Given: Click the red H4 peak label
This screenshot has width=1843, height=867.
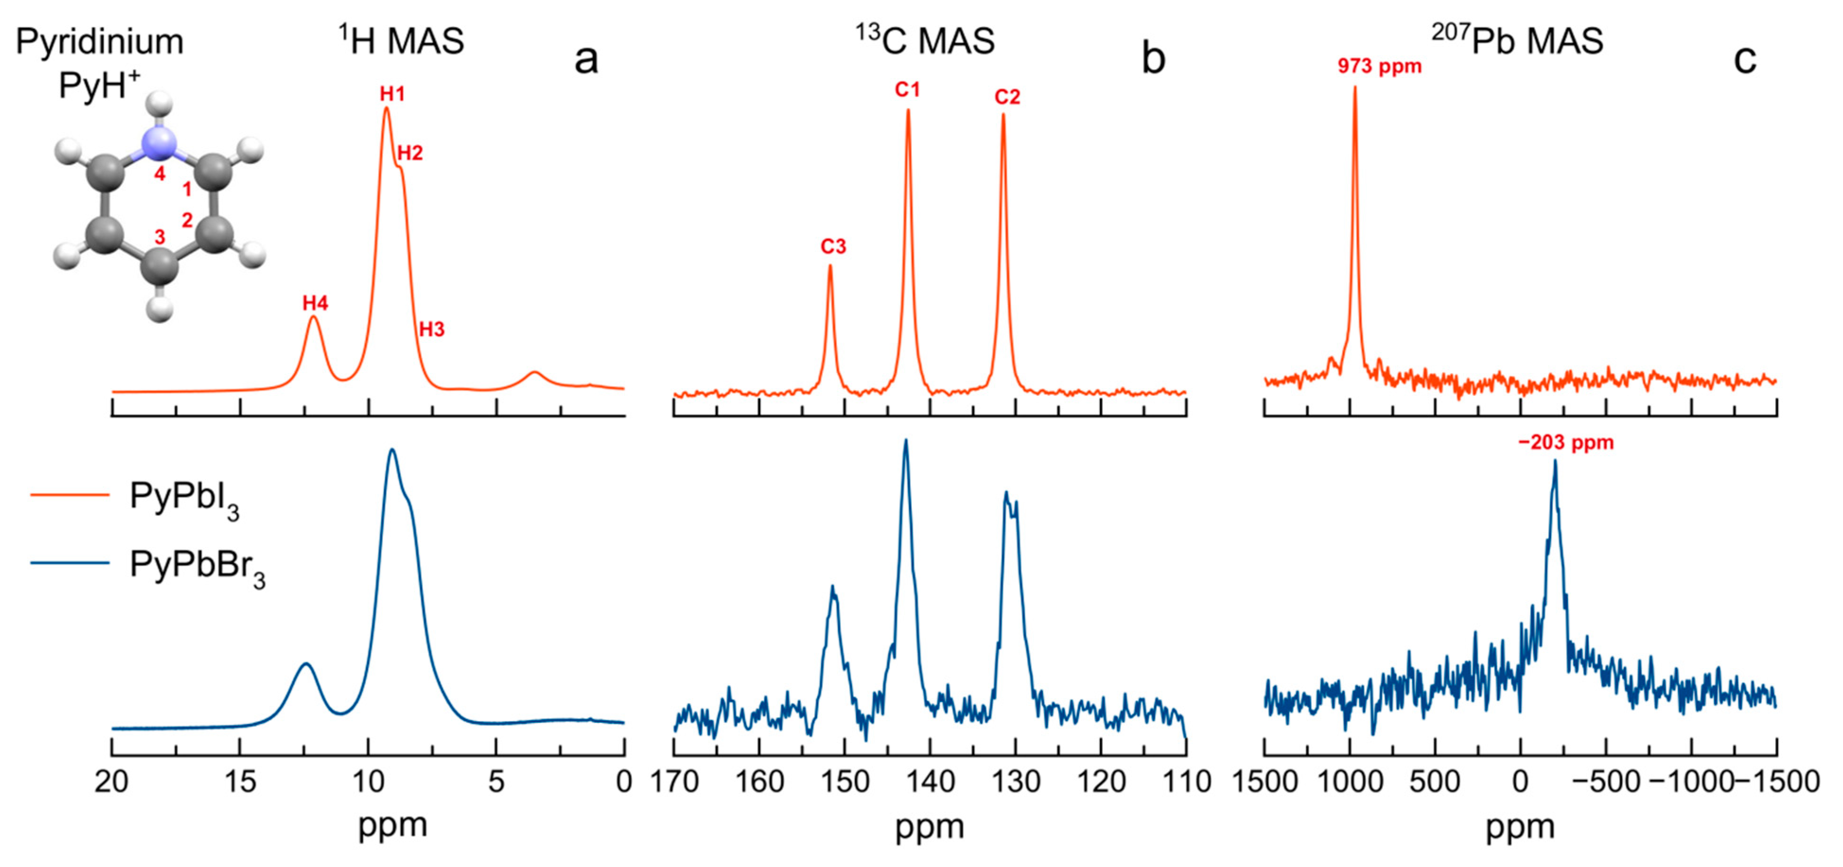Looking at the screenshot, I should point(315,303).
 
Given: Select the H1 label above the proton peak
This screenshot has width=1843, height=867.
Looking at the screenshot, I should point(392,94).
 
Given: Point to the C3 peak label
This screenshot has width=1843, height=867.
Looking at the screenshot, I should point(833,247).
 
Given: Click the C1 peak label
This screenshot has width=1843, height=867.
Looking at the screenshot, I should point(907,90).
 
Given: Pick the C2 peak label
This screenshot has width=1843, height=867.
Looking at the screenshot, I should point(1007,97).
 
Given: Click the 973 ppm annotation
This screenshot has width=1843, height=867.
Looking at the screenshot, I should point(1380,67).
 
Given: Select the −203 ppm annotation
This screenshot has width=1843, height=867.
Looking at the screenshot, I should point(1565,443).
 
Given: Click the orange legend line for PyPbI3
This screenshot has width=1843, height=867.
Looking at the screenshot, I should point(70,495).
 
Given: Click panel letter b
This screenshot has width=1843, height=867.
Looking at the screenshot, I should point(1153,59).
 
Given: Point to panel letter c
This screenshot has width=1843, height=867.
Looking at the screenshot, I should point(1744,59).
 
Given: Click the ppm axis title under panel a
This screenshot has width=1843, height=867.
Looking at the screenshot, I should point(392,825).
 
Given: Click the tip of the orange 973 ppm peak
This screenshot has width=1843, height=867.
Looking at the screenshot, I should point(1354,87).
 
